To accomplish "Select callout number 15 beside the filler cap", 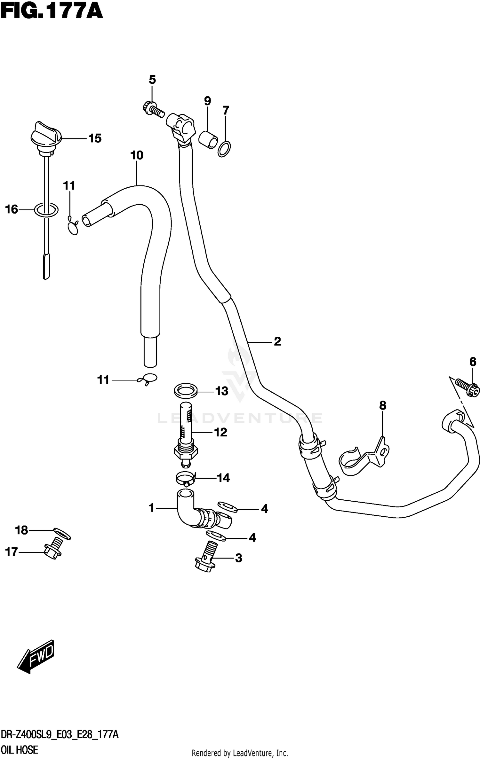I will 95,138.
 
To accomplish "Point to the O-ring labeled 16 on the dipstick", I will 46,210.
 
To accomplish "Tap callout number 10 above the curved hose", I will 137,155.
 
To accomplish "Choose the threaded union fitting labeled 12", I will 186,435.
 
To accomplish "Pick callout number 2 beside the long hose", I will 277,341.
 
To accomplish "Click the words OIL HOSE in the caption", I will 20,750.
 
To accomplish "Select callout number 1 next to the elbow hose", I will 152,507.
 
